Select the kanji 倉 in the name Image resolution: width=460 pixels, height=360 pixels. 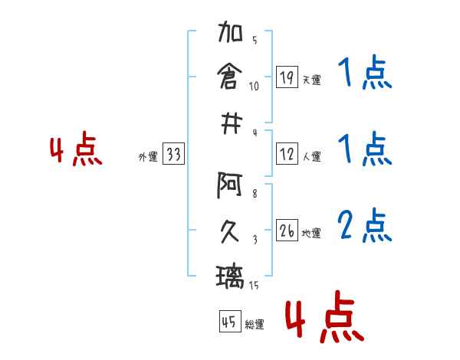coord(230,77)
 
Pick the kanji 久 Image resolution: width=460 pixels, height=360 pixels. coord(230,230)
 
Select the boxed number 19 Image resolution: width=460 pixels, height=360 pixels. coord(285,77)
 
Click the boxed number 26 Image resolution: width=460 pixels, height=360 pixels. coord(286,231)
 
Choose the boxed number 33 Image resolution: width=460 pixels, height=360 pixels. coord(173,155)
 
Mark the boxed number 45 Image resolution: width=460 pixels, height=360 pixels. coord(228,322)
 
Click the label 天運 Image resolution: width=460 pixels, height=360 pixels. coord(311,80)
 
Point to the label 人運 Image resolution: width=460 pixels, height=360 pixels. coord(311,156)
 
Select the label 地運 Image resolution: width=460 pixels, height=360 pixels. coord(311,233)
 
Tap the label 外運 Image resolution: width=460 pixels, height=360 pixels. coord(148,156)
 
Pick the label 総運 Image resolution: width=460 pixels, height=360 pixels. coord(254,325)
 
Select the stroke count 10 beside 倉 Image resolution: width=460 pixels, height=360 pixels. coord(254,86)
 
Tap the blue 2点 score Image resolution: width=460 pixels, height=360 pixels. coord(364,225)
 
